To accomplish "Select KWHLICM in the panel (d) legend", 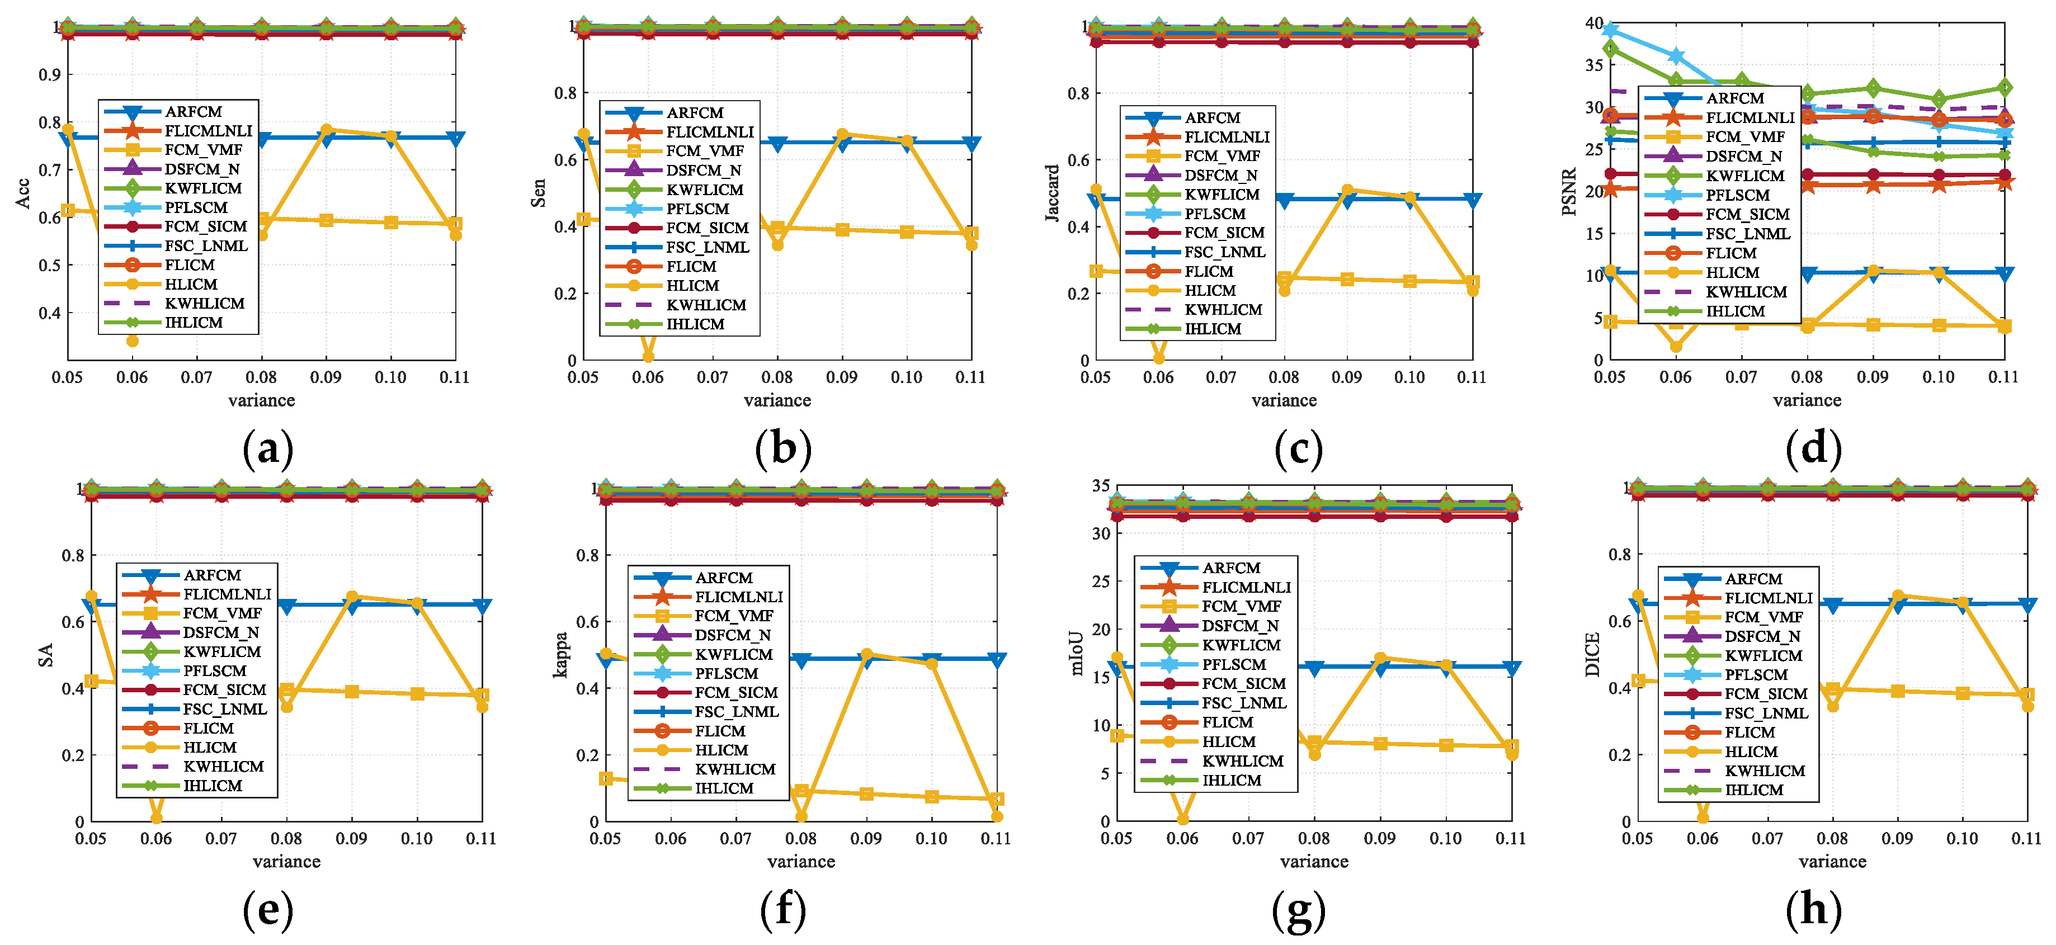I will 1746,292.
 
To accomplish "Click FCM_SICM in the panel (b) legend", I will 707,228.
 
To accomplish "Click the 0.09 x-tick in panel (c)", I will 1346,377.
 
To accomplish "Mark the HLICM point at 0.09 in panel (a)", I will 326,129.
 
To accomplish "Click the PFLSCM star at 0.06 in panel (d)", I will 1675,56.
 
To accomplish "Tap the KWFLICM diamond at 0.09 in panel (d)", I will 1873,88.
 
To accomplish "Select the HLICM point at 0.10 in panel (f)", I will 931,663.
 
